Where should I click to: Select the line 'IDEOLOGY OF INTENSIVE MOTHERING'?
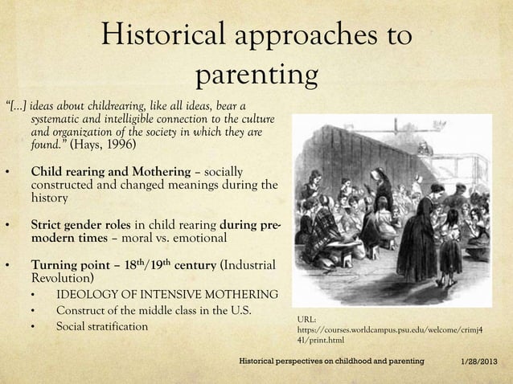[167, 295]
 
